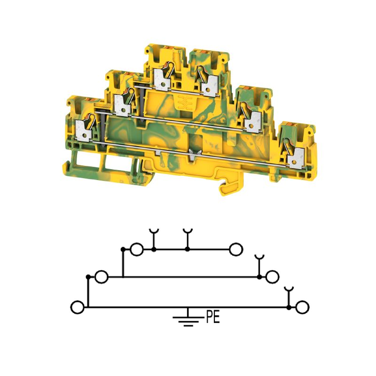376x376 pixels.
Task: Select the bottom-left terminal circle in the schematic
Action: [x=78, y=307]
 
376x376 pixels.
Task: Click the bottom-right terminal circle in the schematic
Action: [x=302, y=307]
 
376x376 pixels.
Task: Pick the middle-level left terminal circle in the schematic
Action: [x=102, y=277]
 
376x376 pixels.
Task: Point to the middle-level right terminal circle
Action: [x=272, y=277]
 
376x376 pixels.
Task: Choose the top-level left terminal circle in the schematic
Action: [x=137, y=250]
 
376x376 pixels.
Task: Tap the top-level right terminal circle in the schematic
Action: [x=236, y=250]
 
